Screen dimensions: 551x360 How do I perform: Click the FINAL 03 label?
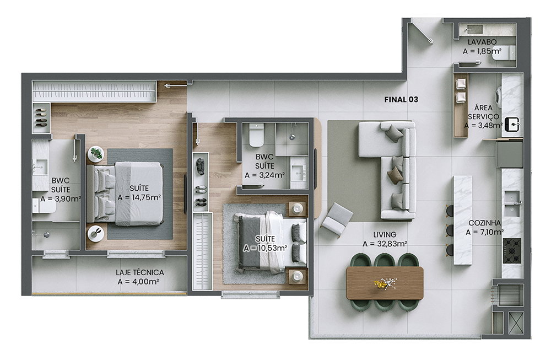(x=401, y=99)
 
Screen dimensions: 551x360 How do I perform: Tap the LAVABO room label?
(x=482, y=42)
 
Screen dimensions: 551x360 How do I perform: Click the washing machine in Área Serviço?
(x=499, y=94)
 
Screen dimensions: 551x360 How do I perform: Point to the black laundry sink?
(x=512, y=125)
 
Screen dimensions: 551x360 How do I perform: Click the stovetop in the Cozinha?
(x=512, y=251)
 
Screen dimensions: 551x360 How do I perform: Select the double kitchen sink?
(x=512, y=203)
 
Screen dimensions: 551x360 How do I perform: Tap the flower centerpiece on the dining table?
(x=385, y=283)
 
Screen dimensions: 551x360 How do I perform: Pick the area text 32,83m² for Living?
(x=385, y=244)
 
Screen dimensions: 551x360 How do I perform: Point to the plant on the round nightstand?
(x=95, y=154)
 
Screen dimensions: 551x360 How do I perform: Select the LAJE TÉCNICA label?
(x=140, y=272)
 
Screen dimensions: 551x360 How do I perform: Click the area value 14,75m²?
(x=139, y=197)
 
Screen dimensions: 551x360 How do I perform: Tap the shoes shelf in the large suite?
(x=41, y=117)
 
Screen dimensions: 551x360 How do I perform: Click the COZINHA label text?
(x=484, y=223)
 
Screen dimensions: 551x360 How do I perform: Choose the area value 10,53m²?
(x=266, y=248)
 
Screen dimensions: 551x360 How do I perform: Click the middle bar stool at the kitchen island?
(x=450, y=230)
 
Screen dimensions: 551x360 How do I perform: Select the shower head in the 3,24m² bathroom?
(x=292, y=136)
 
